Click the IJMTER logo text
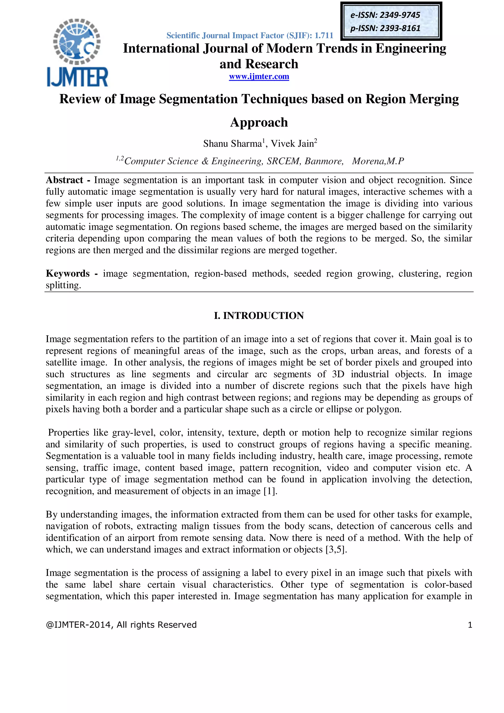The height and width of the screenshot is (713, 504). coord(77,77)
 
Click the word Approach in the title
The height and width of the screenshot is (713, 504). coord(259,122)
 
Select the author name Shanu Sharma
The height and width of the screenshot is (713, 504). coord(233,144)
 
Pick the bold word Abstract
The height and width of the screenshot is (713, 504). coord(64,180)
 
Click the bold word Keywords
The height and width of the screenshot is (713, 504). coord(68,274)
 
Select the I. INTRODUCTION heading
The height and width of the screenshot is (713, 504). coord(259,316)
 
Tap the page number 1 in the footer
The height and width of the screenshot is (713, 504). coord(470,625)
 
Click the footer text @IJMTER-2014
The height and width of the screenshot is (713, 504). coord(79,625)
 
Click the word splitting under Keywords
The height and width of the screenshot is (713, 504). coord(63,285)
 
